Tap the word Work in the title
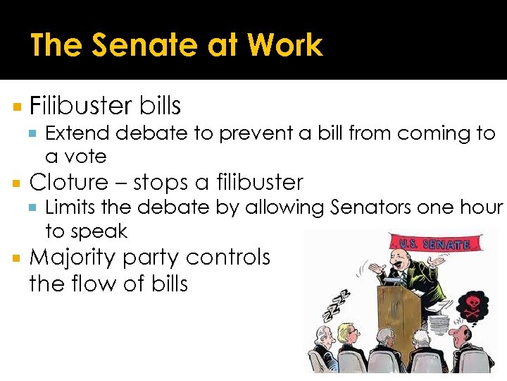click(285, 46)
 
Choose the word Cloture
click(69, 182)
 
